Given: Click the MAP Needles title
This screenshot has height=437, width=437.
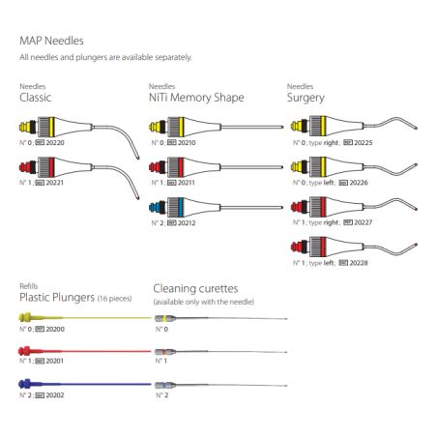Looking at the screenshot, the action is click(x=51, y=41).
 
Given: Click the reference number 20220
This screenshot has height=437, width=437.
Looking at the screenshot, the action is click(x=55, y=142).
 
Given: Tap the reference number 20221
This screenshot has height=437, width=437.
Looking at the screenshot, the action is click(x=55, y=183).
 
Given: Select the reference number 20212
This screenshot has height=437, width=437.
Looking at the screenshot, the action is click(x=187, y=222).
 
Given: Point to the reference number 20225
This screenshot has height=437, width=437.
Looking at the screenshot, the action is click(x=364, y=142).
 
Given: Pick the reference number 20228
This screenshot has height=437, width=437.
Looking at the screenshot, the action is click(x=359, y=263).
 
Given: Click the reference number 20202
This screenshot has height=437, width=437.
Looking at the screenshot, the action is click(x=55, y=394).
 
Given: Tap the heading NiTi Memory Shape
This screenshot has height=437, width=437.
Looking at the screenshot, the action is click(x=196, y=98).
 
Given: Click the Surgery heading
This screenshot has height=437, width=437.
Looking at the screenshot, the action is click(x=306, y=98).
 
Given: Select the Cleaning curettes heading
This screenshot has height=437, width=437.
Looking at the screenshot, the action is click(x=195, y=288).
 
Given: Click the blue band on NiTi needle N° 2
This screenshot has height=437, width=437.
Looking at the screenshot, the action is click(x=181, y=207).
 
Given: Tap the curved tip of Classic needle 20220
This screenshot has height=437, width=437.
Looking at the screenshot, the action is click(x=138, y=158).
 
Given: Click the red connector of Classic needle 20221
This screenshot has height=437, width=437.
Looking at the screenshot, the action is click(x=25, y=167).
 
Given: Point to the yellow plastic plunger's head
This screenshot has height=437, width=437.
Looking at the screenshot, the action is click(x=25, y=317).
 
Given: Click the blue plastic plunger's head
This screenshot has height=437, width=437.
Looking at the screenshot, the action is click(x=25, y=384).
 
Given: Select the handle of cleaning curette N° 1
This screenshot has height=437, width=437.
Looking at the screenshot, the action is click(x=165, y=352).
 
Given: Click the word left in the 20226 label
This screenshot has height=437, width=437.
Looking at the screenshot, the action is click(x=329, y=183).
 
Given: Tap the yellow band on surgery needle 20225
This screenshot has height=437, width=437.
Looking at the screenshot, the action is click(x=323, y=126).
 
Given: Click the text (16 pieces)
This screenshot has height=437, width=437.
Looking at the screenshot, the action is click(x=114, y=299).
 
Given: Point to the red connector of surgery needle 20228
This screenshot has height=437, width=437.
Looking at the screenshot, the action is click(x=297, y=247).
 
